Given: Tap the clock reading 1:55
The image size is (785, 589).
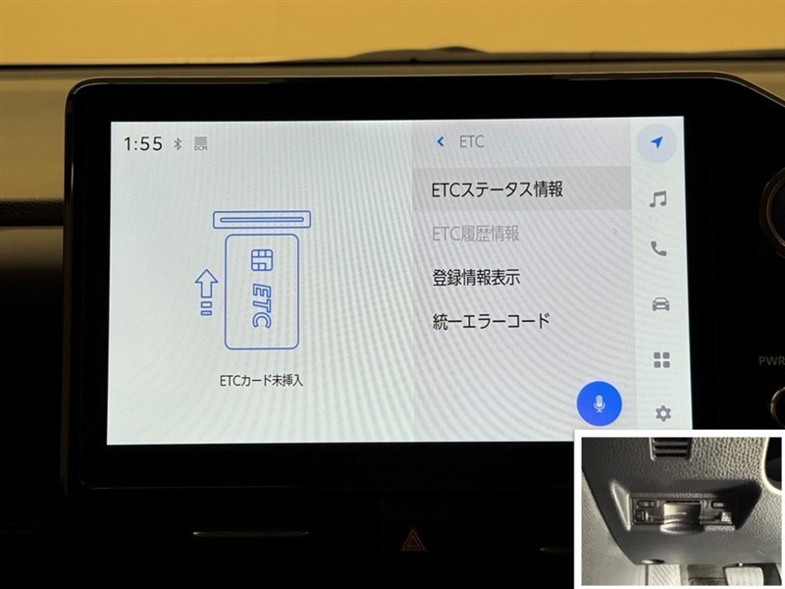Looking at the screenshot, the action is [x=143, y=143].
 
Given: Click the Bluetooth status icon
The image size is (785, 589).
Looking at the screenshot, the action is [x=178, y=144].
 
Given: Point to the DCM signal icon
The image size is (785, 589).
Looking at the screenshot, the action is [x=200, y=143].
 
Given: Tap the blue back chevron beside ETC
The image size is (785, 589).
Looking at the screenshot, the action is [x=441, y=141].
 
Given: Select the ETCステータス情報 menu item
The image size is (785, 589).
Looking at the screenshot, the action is [x=497, y=189].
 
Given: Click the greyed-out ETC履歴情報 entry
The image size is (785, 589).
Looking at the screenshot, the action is [x=475, y=234].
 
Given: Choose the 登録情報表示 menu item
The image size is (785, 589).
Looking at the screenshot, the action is [x=476, y=278].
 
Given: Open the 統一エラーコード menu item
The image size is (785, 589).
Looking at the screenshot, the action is [x=492, y=321].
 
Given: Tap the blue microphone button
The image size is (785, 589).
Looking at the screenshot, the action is [x=600, y=403].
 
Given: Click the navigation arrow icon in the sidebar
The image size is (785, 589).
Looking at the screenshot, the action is [x=656, y=142].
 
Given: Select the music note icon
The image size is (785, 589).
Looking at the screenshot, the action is [x=657, y=199].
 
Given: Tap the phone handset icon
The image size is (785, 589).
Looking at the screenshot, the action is [x=658, y=248].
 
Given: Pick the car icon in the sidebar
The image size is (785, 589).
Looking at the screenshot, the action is [x=660, y=304].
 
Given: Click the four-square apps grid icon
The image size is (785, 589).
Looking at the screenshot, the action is [x=661, y=359].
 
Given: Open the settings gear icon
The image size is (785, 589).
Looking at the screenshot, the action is [x=663, y=413].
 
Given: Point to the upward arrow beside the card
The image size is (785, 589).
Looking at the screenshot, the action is [x=206, y=293].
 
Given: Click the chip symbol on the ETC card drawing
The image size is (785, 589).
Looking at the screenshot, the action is [x=262, y=260].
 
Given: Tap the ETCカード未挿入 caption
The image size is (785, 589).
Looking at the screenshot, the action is [x=261, y=381].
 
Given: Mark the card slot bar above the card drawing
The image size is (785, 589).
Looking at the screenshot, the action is [x=262, y=219].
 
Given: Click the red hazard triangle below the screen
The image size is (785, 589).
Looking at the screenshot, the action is [x=412, y=540].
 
